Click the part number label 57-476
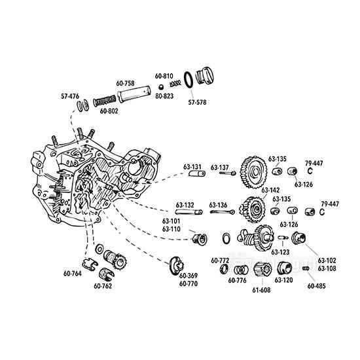coord(71,96)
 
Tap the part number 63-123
coord(280,251)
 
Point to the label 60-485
coord(318,285)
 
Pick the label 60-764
coord(73,273)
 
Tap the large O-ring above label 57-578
coord(187,80)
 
